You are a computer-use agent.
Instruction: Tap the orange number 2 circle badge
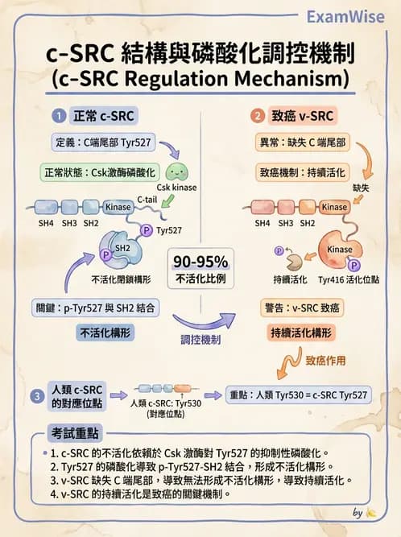(258, 115)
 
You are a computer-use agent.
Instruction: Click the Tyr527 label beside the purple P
(170, 230)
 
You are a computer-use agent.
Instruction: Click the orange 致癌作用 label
(327, 361)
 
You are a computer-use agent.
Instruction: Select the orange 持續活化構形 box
(301, 332)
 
